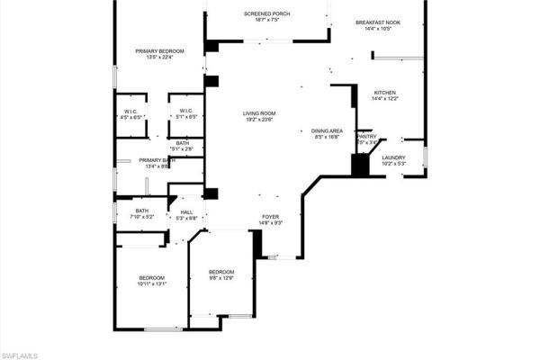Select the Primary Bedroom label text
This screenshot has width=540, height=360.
(160, 51)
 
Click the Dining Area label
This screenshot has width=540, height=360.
(326, 130)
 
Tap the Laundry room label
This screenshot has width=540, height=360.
(394, 157)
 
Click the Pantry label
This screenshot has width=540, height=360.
(366, 137)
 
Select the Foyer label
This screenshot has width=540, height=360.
(271, 216)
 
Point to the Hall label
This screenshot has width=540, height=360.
(187, 211)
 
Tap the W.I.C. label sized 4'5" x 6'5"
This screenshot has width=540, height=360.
(131, 111)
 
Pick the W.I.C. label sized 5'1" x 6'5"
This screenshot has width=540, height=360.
(187, 111)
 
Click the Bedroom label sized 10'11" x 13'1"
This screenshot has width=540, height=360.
(151, 277)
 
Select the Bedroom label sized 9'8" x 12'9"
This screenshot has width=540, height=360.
(221, 272)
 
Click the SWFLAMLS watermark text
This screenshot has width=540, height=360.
(20, 355)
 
